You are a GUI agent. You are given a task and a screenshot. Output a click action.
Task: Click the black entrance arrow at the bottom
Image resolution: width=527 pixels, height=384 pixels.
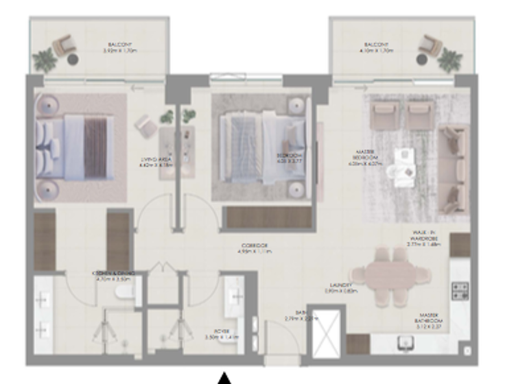224,378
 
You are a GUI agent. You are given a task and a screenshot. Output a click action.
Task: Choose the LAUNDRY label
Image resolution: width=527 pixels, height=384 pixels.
340,288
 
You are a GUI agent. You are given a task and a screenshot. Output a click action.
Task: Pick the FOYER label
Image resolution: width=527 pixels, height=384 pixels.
211,334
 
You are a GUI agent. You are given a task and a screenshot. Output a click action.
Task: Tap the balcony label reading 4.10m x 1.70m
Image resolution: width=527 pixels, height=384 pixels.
376,47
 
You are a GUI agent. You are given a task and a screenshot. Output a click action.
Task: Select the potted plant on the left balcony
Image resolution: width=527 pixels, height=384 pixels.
45,60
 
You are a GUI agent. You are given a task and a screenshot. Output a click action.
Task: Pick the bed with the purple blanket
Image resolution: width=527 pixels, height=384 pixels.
77,148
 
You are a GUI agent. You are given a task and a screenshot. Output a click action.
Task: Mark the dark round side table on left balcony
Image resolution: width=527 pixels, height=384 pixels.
73,60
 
